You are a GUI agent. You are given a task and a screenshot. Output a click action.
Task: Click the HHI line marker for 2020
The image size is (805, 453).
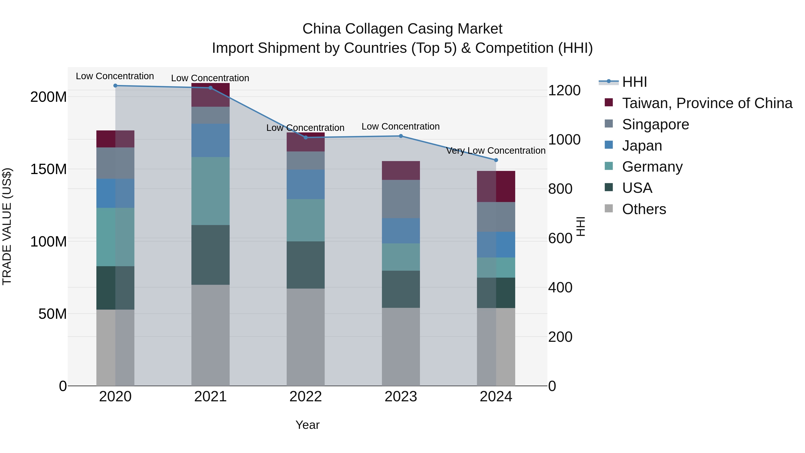115,86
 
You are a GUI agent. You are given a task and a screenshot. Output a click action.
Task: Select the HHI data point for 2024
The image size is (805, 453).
496,160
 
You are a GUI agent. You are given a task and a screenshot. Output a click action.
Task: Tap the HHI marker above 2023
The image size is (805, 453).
401,136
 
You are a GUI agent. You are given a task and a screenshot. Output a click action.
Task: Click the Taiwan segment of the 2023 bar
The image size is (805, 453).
401,170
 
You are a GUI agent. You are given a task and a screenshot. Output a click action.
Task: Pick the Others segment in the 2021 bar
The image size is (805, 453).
210,335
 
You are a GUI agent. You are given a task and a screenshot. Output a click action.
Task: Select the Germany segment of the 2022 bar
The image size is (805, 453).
306,220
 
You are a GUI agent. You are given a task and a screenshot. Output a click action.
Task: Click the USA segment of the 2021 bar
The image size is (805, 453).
210,255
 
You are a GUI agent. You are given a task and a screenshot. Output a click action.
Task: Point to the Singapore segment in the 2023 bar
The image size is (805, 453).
401,199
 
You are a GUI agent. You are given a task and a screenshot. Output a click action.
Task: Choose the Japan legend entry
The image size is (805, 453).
642,146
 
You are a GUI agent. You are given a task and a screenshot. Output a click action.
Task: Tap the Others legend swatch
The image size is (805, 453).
609,208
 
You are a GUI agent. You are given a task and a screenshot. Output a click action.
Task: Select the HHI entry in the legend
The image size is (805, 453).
634,82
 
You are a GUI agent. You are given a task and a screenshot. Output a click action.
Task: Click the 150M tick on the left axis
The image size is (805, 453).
49,169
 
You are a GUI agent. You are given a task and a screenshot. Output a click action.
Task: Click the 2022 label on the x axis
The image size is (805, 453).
306,397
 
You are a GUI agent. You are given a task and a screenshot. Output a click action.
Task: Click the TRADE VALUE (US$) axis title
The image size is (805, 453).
7,226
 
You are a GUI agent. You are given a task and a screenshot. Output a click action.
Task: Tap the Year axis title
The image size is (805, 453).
307,425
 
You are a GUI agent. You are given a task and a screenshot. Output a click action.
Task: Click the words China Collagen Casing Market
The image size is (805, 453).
402,29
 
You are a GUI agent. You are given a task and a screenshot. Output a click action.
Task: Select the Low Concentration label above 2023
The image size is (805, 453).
401,127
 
